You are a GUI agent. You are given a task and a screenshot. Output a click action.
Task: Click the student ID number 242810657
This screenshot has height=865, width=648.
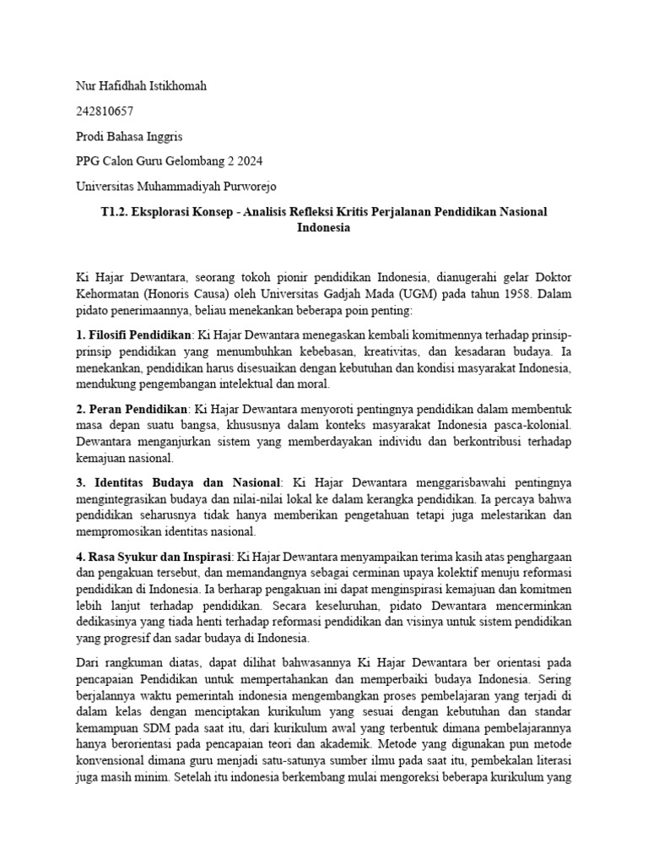click(x=105, y=111)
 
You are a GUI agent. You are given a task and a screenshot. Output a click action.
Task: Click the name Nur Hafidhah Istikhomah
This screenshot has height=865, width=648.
click(x=141, y=86)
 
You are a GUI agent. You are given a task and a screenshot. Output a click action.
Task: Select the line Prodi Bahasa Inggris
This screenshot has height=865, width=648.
click(x=129, y=136)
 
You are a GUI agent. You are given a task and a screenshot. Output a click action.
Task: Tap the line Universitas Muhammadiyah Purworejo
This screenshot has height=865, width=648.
click(x=175, y=186)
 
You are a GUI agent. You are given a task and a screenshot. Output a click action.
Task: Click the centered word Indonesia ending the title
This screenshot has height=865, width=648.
click(x=324, y=227)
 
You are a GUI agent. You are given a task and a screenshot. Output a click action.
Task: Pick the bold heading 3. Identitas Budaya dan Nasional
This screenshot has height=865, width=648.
click(x=181, y=482)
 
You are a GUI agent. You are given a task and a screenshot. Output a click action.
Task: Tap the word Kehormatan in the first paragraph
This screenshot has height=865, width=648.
click(x=107, y=295)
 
